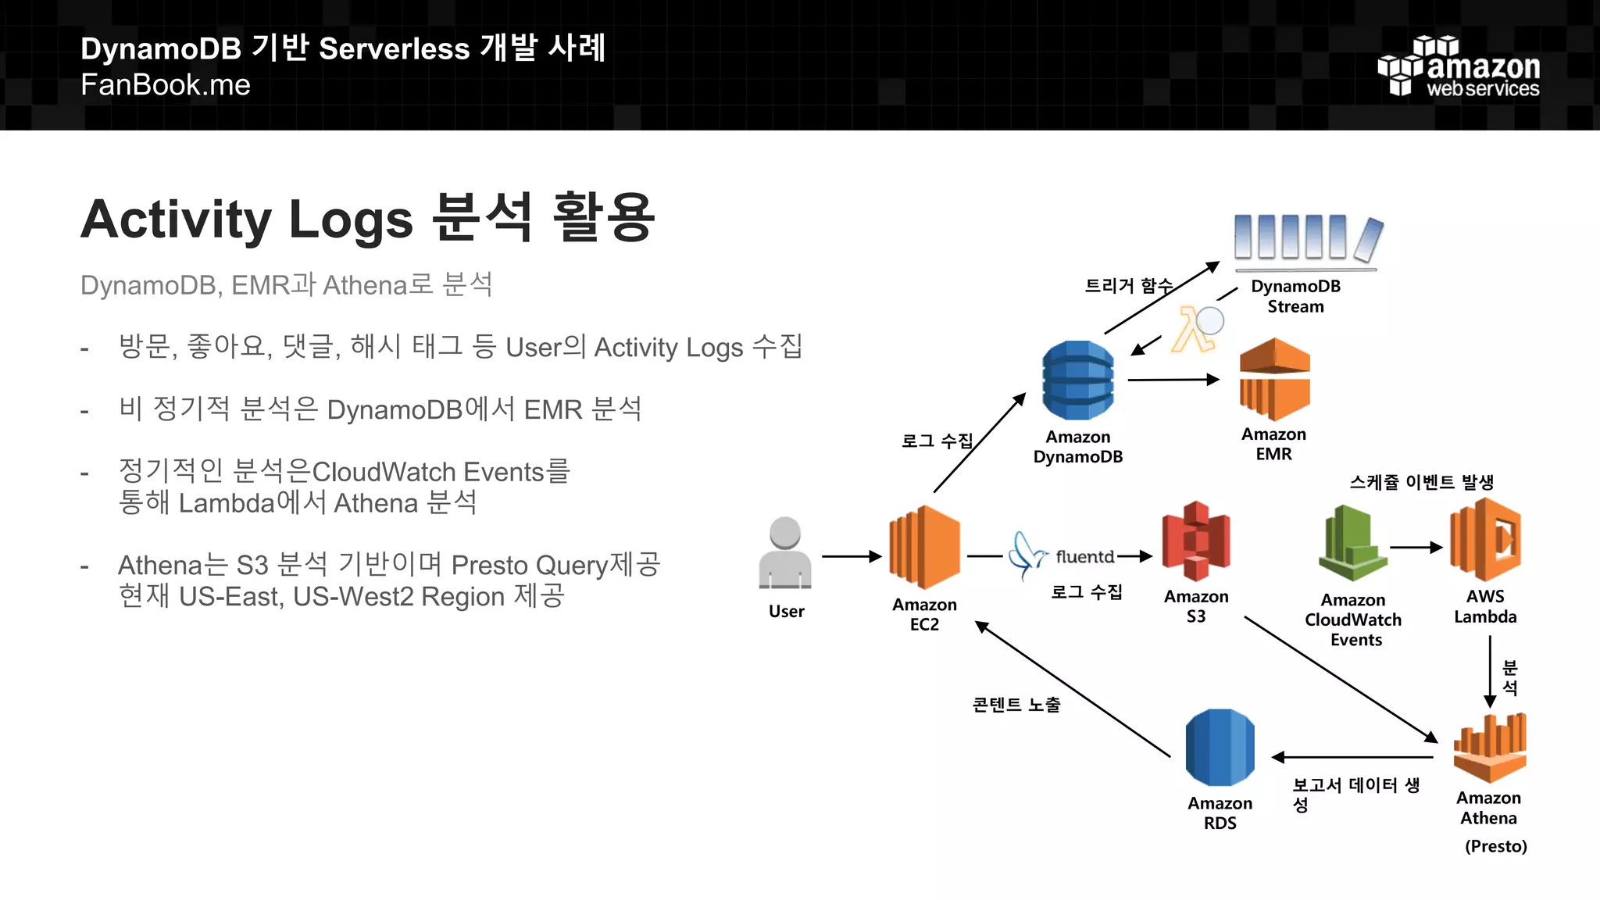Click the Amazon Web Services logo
click(x=1458, y=66)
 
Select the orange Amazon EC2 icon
click(x=924, y=548)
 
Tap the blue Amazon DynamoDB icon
click(x=1078, y=380)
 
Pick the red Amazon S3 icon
click(x=1196, y=541)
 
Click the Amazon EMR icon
click(x=1274, y=380)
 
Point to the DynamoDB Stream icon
click(x=1307, y=238)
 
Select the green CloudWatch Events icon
click(x=1353, y=544)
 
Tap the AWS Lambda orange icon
click(x=1485, y=540)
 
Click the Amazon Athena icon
click(x=1489, y=748)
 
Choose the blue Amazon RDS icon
click(x=1220, y=748)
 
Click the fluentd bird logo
click(x=1026, y=555)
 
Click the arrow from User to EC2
click(x=851, y=556)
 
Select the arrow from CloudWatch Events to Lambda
click(x=1416, y=548)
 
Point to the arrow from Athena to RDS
click(x=1352, y=757)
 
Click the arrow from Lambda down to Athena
click(x=1490, y=670)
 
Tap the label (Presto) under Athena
click(x=1495, y=846)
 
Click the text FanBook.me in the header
click(x=166, y=84)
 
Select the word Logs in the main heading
click(x=350, y=220)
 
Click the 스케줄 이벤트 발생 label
click(x=1421, y=482)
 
